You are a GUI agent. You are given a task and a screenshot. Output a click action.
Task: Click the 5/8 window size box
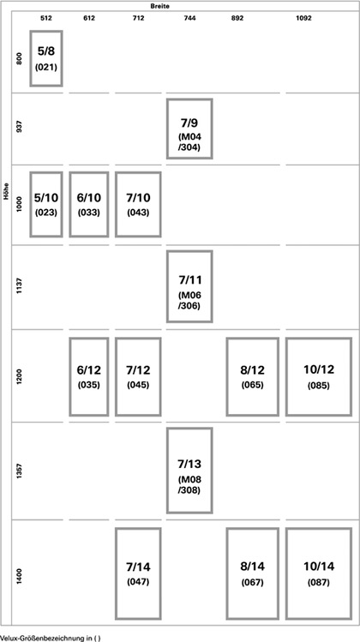[31, 58]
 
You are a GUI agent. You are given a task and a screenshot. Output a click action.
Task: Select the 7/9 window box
[167, 129]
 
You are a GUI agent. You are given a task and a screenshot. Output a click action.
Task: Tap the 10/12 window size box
[286, 376]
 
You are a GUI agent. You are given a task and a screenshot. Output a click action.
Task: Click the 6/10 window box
[70, 204]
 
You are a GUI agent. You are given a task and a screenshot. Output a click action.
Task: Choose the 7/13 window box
[167, 471]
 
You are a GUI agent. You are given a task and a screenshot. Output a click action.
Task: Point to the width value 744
[189, 18]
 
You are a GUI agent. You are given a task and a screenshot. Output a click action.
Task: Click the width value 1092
[303, 18]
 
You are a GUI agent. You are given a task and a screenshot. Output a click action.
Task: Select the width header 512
[46, 18]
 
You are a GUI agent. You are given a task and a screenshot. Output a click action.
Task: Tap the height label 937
[19, 129]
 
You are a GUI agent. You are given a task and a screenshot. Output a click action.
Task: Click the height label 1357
[19, 471]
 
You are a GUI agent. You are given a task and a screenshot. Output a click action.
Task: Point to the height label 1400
[19, 576]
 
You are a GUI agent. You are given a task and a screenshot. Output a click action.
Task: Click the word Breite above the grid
[159, 6]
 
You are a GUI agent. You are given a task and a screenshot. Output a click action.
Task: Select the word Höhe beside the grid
[6, 191]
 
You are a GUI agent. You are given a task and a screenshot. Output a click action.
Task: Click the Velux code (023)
[46, 213]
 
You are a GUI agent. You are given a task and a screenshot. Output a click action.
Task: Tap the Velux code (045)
[138, 385]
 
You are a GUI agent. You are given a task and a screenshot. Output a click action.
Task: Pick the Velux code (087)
[319, 583]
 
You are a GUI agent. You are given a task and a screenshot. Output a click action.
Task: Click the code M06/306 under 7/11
[189, 300]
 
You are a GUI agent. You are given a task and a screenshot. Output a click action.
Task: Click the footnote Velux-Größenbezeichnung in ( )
[50, 638]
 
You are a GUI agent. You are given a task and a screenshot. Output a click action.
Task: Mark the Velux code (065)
[252, 385]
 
